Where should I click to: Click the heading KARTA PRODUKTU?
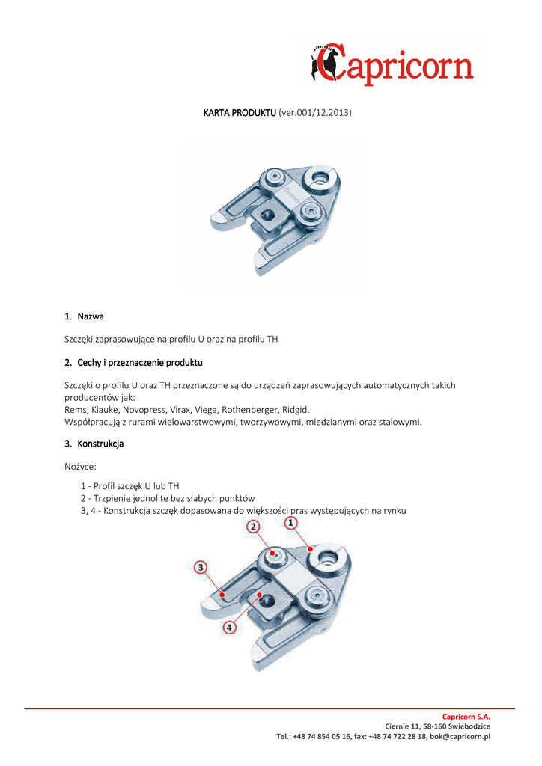(x=240, y=112)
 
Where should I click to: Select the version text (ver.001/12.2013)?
(x=314, y=112)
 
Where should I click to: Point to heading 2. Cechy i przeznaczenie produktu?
(x=133, y=362)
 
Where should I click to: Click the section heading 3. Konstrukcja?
(x=94, y=444)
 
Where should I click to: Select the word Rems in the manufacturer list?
(x=76, y=410)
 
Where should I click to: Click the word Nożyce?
(x=80, y=467)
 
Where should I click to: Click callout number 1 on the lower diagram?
(x=290, y=524)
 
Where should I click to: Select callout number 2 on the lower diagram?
(x=254, y=527)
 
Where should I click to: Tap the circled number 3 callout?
(x=201, y=567)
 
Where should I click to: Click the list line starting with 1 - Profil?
(x=130, y=486)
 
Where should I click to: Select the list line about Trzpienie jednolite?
(x=168, y=498)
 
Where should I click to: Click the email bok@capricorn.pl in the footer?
(x=460, y=737)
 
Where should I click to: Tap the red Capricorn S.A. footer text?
(x=466, y=717)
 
